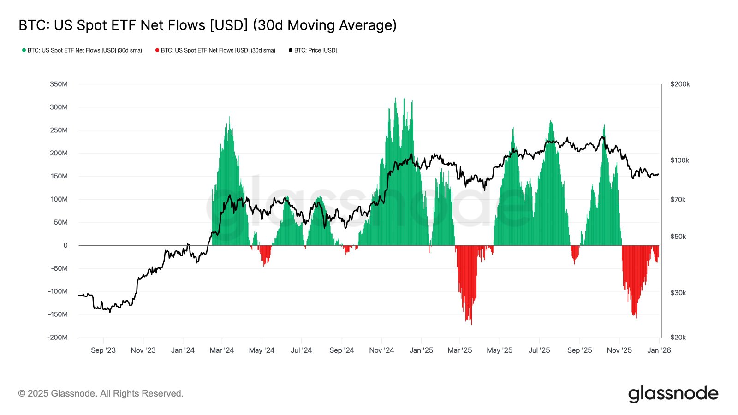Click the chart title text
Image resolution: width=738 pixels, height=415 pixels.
pyautogui.click(x=208, y=25)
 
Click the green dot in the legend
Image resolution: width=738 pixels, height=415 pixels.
pyautogui.click(x=24, y=50)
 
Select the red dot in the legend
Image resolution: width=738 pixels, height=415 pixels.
pyautogui.click(x=157, y=50)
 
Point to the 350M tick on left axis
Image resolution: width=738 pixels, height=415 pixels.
pyautogui.click(x=59, y=84)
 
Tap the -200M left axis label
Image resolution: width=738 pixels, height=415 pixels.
pyautogui.click(x=57, y=337)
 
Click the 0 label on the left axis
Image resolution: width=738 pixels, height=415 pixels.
pyautogui.click(x=65, y=245)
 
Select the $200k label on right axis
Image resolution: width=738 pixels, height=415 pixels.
pyautogui.click(x=680, y=84)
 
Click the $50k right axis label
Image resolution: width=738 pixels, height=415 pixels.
pyautogui.click(x=678, y=237)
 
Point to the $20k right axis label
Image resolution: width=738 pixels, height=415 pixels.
pyautogui.click(x=678, y=337)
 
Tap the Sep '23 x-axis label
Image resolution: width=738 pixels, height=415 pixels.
pyautogui.click(x=103, y=350)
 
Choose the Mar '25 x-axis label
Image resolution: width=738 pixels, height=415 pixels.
pyautogui.click(x=459, y=350)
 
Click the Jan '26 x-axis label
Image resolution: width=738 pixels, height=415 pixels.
pyautogui.click(x=659, y=350)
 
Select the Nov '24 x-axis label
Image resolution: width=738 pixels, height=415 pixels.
pyautogui.click(x=381, y=350)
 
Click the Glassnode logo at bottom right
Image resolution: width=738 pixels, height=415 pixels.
pyautogui.click(x=673, y=394)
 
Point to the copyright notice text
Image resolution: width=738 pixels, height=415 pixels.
pyautogui.click(x=101, y=393)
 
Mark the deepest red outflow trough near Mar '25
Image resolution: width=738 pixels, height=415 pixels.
pyautogui.click(x=471, y=324)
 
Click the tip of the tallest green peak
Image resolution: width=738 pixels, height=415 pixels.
pyautogui.click(x=395, y=98)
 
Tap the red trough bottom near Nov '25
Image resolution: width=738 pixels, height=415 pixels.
pyautogui.click(x=636, y=317)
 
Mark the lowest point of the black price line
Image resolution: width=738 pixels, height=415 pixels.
pyautogui.click(x=110, y=312)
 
